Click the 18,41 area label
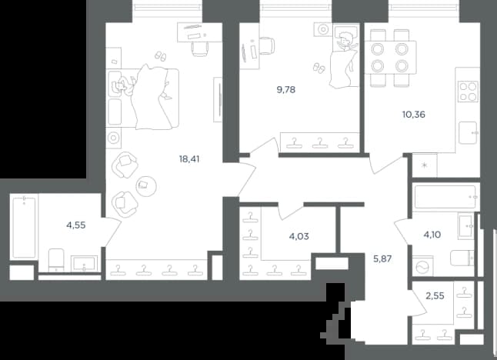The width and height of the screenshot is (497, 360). (x=189, y=159)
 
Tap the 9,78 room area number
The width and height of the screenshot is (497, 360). (x=286, y=90)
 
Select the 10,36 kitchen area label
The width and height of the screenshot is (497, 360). (x=414, y=115)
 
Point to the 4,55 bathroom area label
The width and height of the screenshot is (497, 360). (x=76, y=225)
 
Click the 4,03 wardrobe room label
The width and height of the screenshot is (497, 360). (x=299, y=236)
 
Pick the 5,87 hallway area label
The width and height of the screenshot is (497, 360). (x=382, y=259)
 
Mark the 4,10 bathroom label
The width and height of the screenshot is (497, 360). (x=432, y=235)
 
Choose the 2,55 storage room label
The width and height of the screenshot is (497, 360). (x=435, y=296)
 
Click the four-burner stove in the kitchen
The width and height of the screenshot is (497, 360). (x=468, y=92)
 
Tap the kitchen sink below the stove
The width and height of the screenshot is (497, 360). (x=468, y=133)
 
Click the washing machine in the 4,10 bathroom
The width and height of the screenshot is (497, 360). (x=423, y=268)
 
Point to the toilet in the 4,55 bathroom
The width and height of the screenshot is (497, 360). (x=56, y=260)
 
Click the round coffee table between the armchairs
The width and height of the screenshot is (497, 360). (x=146, y=186)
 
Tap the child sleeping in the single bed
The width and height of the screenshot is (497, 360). (x=345, y=42)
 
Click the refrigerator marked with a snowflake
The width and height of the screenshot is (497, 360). (x=425, y=165)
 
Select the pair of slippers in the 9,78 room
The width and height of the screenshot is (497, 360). (x=319, y=68)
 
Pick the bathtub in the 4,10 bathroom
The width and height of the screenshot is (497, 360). (x=445, y=197)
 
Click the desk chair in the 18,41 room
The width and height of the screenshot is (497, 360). (x=200, y=49)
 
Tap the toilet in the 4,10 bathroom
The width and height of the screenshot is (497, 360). (x=462, y=258)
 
